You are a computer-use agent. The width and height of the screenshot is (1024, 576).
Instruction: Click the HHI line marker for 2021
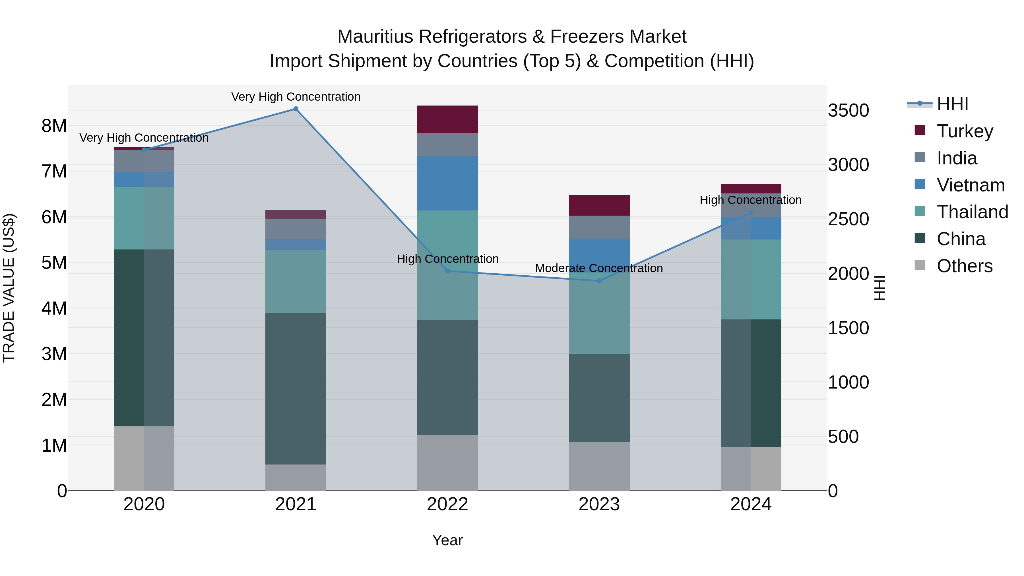tap(296, 109)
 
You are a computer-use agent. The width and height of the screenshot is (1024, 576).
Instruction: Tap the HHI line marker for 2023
tap(599, 281)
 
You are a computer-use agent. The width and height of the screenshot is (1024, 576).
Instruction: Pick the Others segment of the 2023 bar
tap(599, 466)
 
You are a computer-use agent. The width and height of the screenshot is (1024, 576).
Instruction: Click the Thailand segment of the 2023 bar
tap(599, 314)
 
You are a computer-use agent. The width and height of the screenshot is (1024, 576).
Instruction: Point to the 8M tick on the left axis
tap(54, 126)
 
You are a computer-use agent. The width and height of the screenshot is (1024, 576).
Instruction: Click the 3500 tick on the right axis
tap(848, 111)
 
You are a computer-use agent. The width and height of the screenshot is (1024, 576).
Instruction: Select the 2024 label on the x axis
tap(751, 504)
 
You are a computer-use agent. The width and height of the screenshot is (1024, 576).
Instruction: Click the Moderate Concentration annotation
tap(599, 268)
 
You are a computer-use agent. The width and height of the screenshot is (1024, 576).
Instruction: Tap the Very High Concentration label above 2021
tap(296, 97)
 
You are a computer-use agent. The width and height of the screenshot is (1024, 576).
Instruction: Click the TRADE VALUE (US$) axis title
tap(9, 288)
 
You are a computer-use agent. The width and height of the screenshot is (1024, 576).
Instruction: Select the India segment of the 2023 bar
tap(599, 227)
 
